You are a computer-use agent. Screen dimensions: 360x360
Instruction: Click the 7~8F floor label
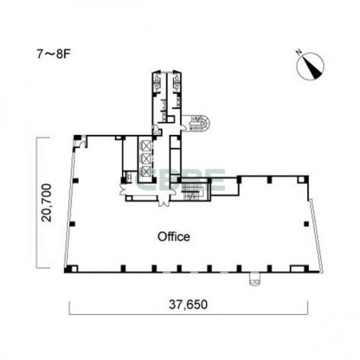pyautogui.click(x=53, y=54)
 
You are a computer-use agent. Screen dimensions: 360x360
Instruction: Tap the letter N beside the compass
pyautogui.click(x=299, y=52)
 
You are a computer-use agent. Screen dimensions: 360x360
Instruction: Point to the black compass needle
pyautogui.click(x=313, y=66)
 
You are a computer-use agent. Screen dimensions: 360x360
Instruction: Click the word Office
pyautogui.click(x=174, y=237)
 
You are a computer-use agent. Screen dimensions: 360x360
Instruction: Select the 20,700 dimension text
pyautogui.click(x=46, y=202)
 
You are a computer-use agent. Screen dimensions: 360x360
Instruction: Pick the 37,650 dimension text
pyautogui.click(x=188, y=304)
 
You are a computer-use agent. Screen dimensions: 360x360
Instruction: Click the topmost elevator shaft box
pyautogui.click(x=145, y=146)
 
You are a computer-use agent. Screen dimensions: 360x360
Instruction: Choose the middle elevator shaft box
pyautogui.click(x=145, y=158)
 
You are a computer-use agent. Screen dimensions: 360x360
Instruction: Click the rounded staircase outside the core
pyautogui.click(x=199, y=123)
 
